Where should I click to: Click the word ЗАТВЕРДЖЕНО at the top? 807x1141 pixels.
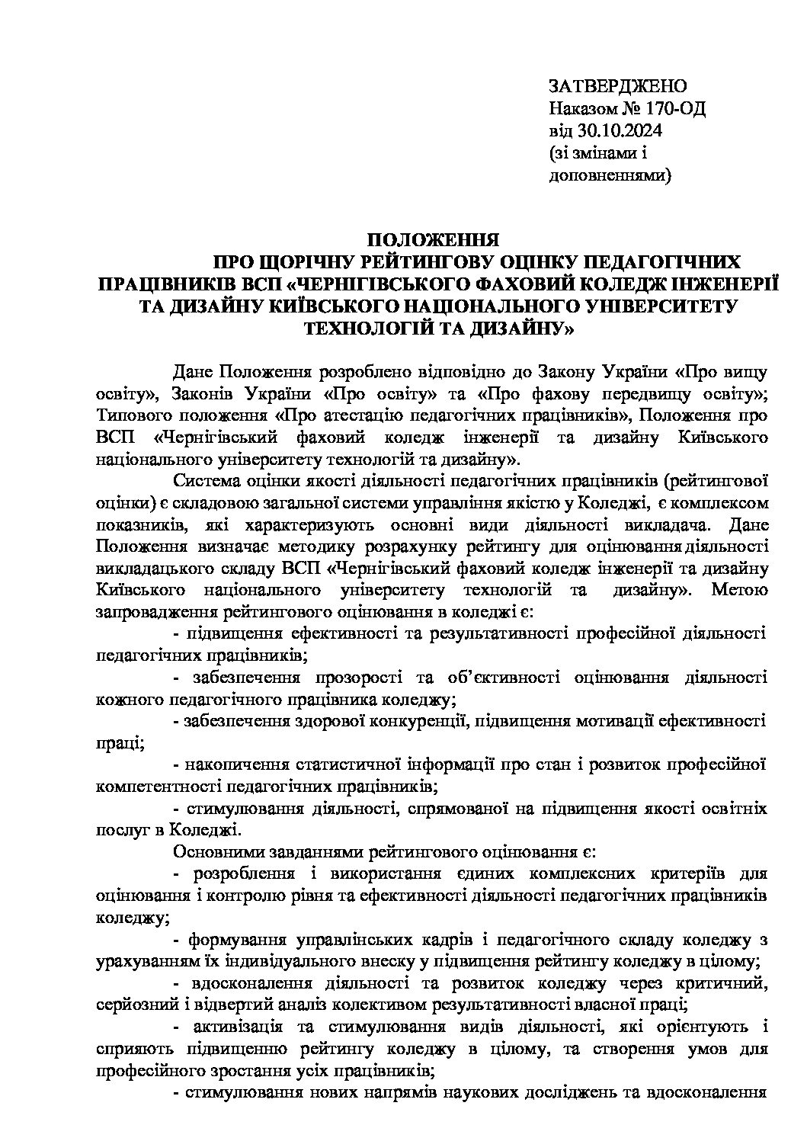pyautogui.click(x=618, y=85)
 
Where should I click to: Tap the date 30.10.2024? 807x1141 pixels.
pyautogui.click(x=620, y=130)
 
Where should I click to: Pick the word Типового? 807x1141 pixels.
pyautogui.click(x=136, y=415)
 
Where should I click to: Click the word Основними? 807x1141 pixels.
pyautogui.click(x=216, y=851)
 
